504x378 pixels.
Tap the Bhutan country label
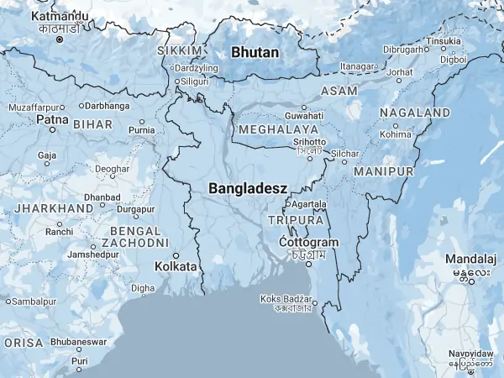(x=255, y=52)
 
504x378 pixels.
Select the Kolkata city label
(x=176, y=266)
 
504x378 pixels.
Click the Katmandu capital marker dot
(x=59, y=39)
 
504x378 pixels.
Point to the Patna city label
(x=46, y=120)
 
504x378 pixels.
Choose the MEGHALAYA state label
(x=278, y=130)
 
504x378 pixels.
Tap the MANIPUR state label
(x=384, y=171)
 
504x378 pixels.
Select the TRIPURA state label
(x=295, y=220)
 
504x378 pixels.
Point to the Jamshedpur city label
(x=93, y=254)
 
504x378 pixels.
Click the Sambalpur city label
(x=34, y=301)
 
